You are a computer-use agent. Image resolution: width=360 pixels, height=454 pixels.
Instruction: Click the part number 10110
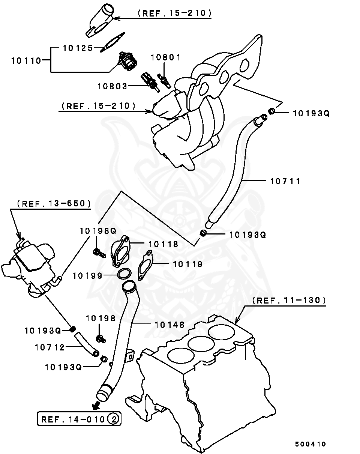click(x=26, y=60)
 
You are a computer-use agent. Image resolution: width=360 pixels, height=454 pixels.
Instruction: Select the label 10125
click(x=77, y=48)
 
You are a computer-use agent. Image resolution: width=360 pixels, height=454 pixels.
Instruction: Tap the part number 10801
click(x=166, y=57)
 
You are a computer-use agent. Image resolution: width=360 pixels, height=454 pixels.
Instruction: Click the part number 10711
click(x=285, y=181)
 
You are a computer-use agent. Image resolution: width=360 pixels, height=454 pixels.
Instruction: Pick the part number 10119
click(x=187, y=264)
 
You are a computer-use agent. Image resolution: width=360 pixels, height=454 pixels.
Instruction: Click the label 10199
click(x=87, y=276)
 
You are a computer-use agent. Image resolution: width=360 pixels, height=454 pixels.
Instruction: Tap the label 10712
click(x=50, y=347)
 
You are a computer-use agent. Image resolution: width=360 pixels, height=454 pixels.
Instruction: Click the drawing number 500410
click(x=310, y=444)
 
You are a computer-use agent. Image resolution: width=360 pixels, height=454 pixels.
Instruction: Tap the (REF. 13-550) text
click(x=54, y=203)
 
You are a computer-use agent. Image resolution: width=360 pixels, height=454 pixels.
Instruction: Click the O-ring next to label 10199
click(x=124, y=274)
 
